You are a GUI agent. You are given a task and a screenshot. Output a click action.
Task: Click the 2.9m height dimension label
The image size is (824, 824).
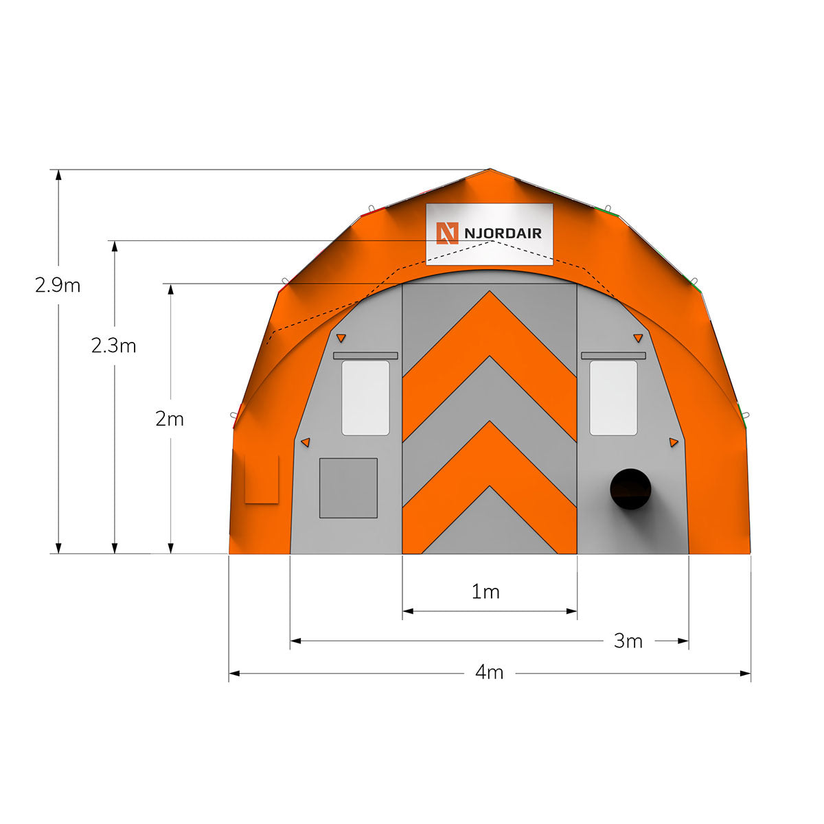click(58, 285)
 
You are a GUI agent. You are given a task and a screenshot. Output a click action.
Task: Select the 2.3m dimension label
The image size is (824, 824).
click(114, 345)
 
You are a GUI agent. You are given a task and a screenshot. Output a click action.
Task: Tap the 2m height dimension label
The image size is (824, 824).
click(170, 419)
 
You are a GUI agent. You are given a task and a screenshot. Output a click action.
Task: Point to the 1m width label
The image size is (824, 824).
click(485, 592)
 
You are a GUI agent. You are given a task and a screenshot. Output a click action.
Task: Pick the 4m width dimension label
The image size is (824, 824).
click(490, 673)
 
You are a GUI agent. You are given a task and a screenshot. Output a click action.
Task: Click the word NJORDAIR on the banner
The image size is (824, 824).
click(503, 233)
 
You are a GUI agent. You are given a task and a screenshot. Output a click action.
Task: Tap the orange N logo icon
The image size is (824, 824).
click(447, 233)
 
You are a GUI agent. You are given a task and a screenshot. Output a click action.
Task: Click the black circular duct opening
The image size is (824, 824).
click(630, 489)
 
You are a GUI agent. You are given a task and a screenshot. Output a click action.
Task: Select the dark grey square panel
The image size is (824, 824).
click(349, 488)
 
